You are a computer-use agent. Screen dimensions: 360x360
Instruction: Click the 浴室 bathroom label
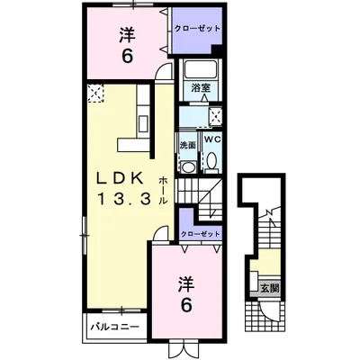pos(201,87)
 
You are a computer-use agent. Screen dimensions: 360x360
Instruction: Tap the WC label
pos(212,139)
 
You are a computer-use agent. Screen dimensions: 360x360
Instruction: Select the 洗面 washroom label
pos(187,145)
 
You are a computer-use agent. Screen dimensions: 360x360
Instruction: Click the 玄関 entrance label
pos(270,288)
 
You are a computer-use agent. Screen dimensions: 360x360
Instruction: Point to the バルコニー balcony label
pos(115,326)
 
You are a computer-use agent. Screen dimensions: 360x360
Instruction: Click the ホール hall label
pos(163,191)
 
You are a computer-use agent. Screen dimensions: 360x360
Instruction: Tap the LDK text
pos(119,180)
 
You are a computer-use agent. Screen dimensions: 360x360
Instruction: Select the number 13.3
pos(123,199)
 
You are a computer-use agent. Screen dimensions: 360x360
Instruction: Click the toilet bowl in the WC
pos(212,161)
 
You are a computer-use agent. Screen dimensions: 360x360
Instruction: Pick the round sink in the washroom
pos(188,166)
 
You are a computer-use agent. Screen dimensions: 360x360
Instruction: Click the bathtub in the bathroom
pos(201,69)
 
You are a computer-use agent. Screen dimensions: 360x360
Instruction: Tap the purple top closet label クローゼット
pos(197,29)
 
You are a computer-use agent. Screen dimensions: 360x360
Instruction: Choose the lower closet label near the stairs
pos(200,234)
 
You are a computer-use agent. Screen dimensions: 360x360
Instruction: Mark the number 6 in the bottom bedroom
pos(186,305)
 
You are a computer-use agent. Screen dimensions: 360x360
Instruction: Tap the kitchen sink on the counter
pos(143,123)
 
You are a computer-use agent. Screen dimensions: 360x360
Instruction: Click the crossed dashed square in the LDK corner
pos(95,93)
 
